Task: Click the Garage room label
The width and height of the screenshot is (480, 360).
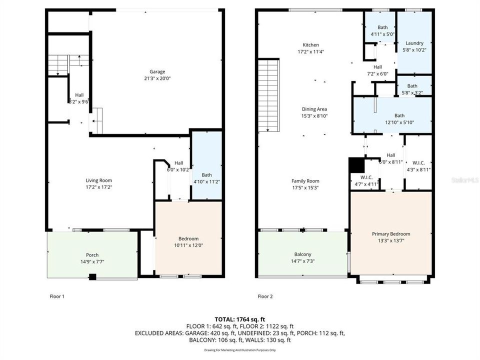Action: coord(157,71)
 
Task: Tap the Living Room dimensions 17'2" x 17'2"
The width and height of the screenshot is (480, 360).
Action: coord(98,187)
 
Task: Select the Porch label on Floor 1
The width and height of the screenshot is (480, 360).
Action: coord(92,254)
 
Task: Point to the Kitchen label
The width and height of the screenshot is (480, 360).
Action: coord(307,45)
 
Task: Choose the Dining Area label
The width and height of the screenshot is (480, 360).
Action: coord(314,109)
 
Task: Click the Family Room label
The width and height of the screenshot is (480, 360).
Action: coord(305,181)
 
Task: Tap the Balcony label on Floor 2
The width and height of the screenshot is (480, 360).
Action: coord(302,254)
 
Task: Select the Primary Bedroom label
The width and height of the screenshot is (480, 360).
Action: coord(390,234)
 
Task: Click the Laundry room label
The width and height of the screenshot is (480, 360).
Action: coord(414,43)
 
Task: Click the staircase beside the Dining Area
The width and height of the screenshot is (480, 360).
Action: coord(268,95)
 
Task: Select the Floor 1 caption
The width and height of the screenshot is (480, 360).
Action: coord(56,296)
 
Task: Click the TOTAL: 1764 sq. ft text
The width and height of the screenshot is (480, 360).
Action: coord(239,319)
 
